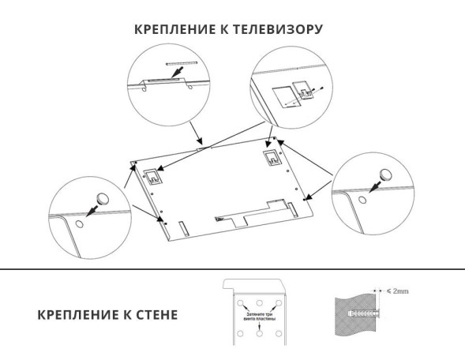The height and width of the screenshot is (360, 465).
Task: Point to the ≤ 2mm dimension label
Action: [395, 291]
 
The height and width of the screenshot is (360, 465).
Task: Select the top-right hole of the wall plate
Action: [276, 304]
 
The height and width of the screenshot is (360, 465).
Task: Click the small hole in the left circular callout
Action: [81, 224]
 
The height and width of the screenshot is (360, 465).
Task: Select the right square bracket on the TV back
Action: [270, 156]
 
